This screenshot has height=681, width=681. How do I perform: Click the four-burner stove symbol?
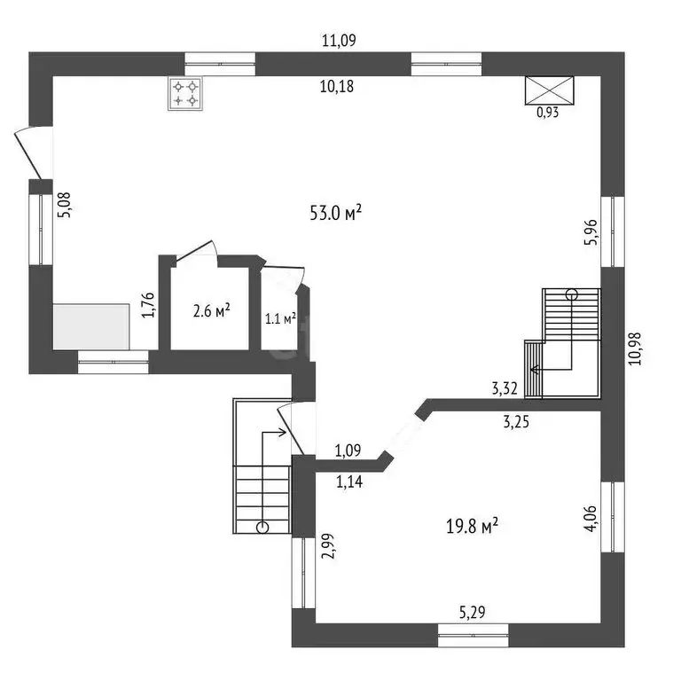[185, 94]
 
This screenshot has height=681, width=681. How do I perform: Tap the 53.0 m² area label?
[336, 213]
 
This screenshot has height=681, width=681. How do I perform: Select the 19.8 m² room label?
[472, 526]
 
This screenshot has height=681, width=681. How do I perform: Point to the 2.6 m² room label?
[211, 311]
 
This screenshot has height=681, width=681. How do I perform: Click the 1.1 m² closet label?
[280, 319]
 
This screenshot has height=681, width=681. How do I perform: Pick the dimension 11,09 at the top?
[339, 41]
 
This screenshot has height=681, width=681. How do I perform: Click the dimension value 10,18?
[337, 86]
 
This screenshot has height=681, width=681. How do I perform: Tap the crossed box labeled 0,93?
[550, 90]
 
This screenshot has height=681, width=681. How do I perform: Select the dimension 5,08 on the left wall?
[64, 205]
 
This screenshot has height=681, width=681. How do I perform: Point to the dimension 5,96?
[591, 232]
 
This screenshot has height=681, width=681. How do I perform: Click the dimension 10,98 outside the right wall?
[635, 348]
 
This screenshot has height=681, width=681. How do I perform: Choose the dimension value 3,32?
[505, 388]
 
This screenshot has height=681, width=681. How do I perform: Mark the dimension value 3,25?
[516, 422]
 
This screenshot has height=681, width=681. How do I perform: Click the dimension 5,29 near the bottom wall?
[472, 613]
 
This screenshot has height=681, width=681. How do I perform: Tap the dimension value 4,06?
[591, 518]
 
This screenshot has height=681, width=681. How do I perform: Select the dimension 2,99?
[329, 545]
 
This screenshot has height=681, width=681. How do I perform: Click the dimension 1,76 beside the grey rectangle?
[149, 305]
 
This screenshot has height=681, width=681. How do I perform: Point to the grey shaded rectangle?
[91, 326]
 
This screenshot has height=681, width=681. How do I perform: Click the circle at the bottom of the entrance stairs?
[262, 528]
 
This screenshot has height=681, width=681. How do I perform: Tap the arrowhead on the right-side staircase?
[534, 370]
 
